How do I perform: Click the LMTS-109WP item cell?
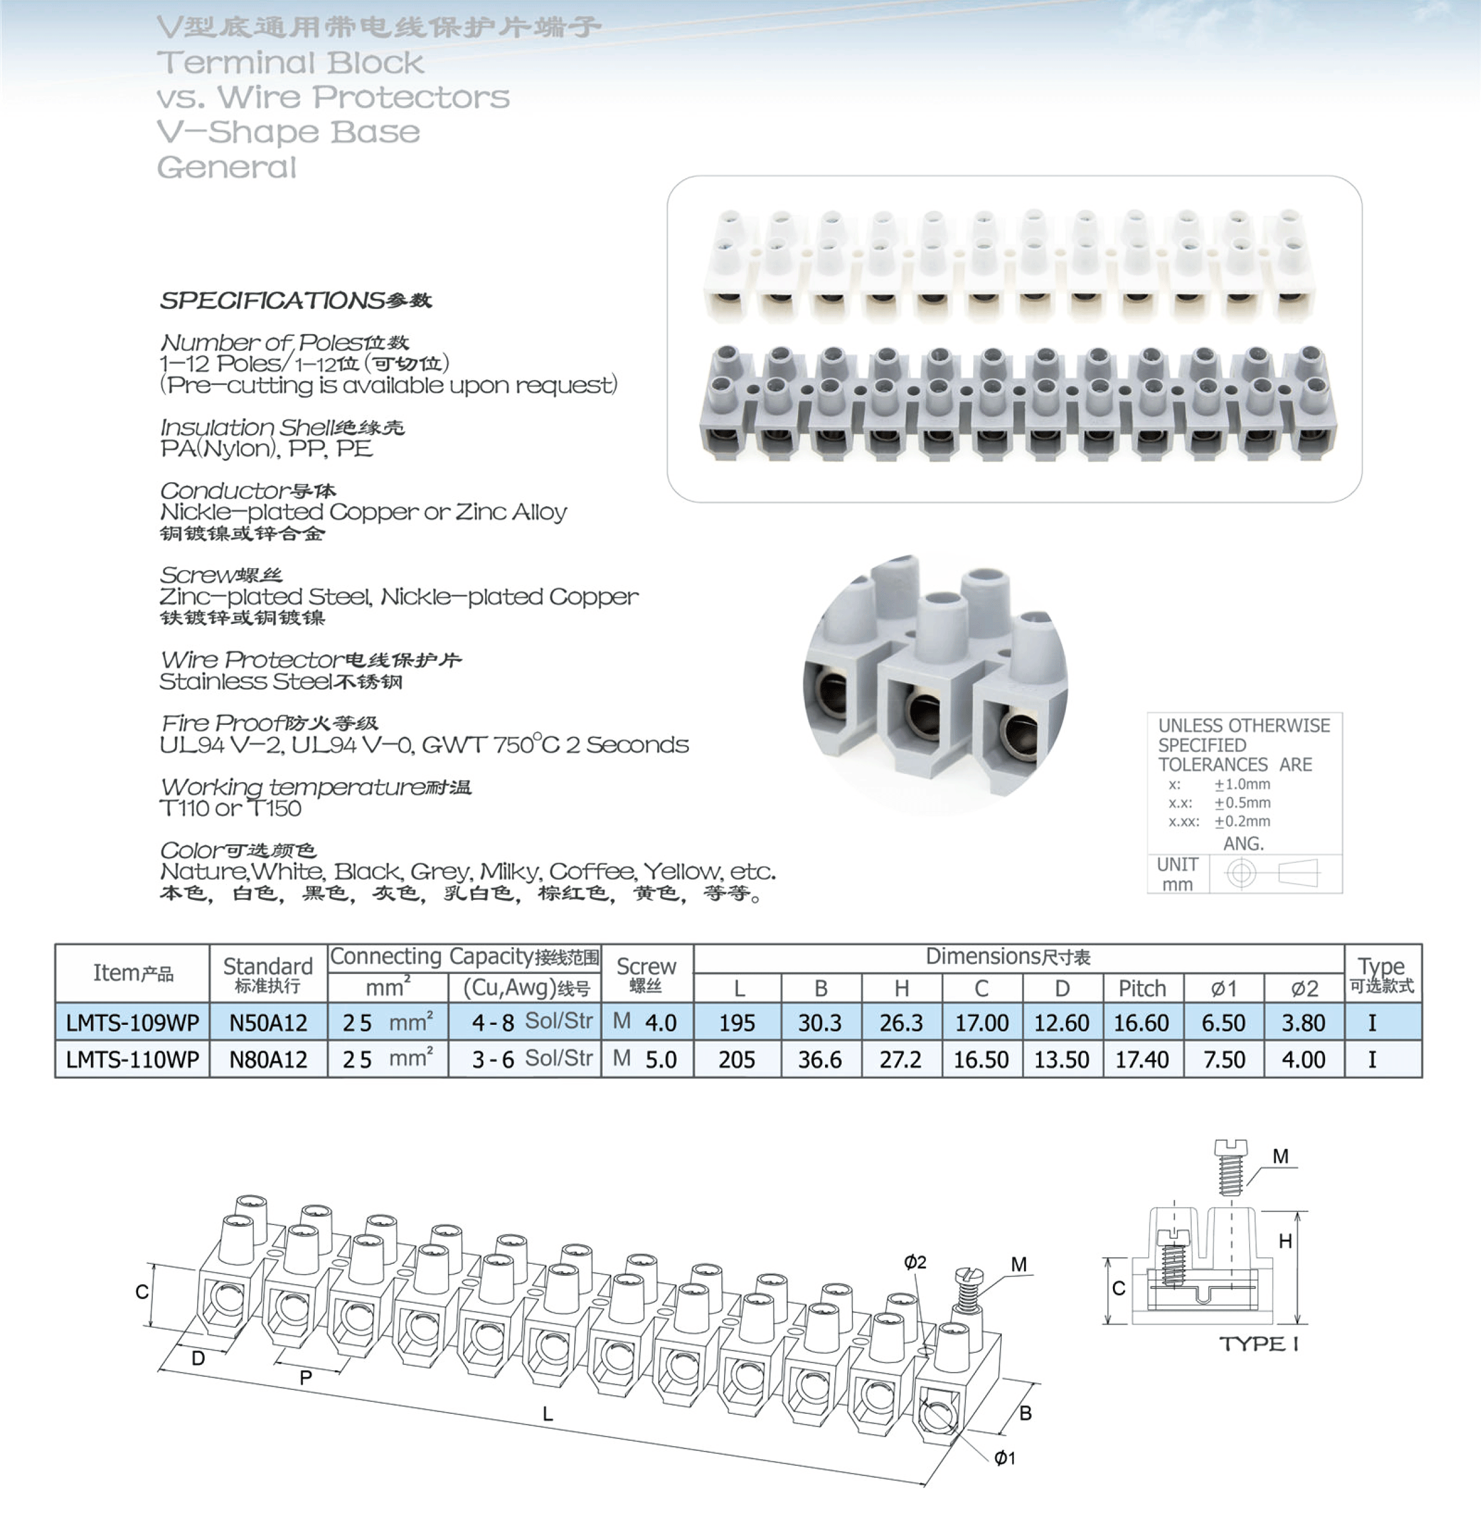click(133, 1022)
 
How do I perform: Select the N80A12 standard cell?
click(268, 1060)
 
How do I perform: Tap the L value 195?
click(737, 1022)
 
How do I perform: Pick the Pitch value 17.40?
click(1142, 1060)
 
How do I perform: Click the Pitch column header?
click(1142, 988)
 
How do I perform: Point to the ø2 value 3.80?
click(1304, 1022)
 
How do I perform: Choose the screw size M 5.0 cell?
click(646, 1060)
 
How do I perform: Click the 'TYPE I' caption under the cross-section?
click(1259, 1343)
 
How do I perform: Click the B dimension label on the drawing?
click(1026, 1413)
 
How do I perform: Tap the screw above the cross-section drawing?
click(1230, 1166)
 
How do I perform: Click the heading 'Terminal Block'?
click(290, 62)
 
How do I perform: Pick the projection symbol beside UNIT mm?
click(1272, 873)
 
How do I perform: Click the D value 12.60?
click(1061, 1022)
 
